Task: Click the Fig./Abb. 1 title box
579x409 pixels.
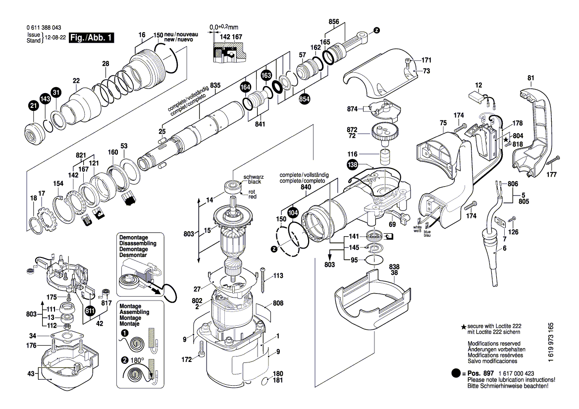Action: coord(92,38)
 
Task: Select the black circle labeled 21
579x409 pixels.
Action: coord(33,105)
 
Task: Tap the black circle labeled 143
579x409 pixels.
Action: coord(45,99)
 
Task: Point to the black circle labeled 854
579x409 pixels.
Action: coord(305,99)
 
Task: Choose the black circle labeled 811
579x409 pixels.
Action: coord(90,311)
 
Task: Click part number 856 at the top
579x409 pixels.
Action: coord(334,22)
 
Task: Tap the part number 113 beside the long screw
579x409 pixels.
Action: coord(278,276)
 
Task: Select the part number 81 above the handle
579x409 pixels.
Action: coord(531,78)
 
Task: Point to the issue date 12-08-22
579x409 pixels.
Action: coord(55,38)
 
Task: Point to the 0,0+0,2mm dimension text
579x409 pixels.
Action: coord(224,27)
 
